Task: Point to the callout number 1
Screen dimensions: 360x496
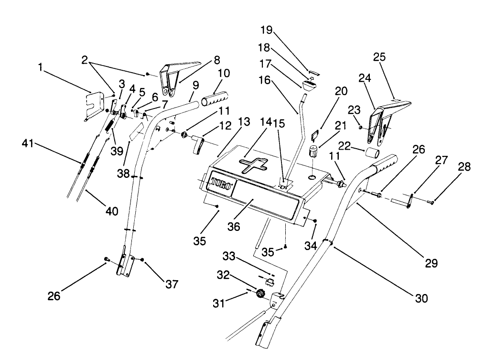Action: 42,67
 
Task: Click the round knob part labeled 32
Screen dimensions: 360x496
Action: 260,294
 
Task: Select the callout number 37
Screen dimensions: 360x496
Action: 171,284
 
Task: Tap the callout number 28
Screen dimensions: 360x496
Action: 464,167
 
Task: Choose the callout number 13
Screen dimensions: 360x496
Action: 243,122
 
